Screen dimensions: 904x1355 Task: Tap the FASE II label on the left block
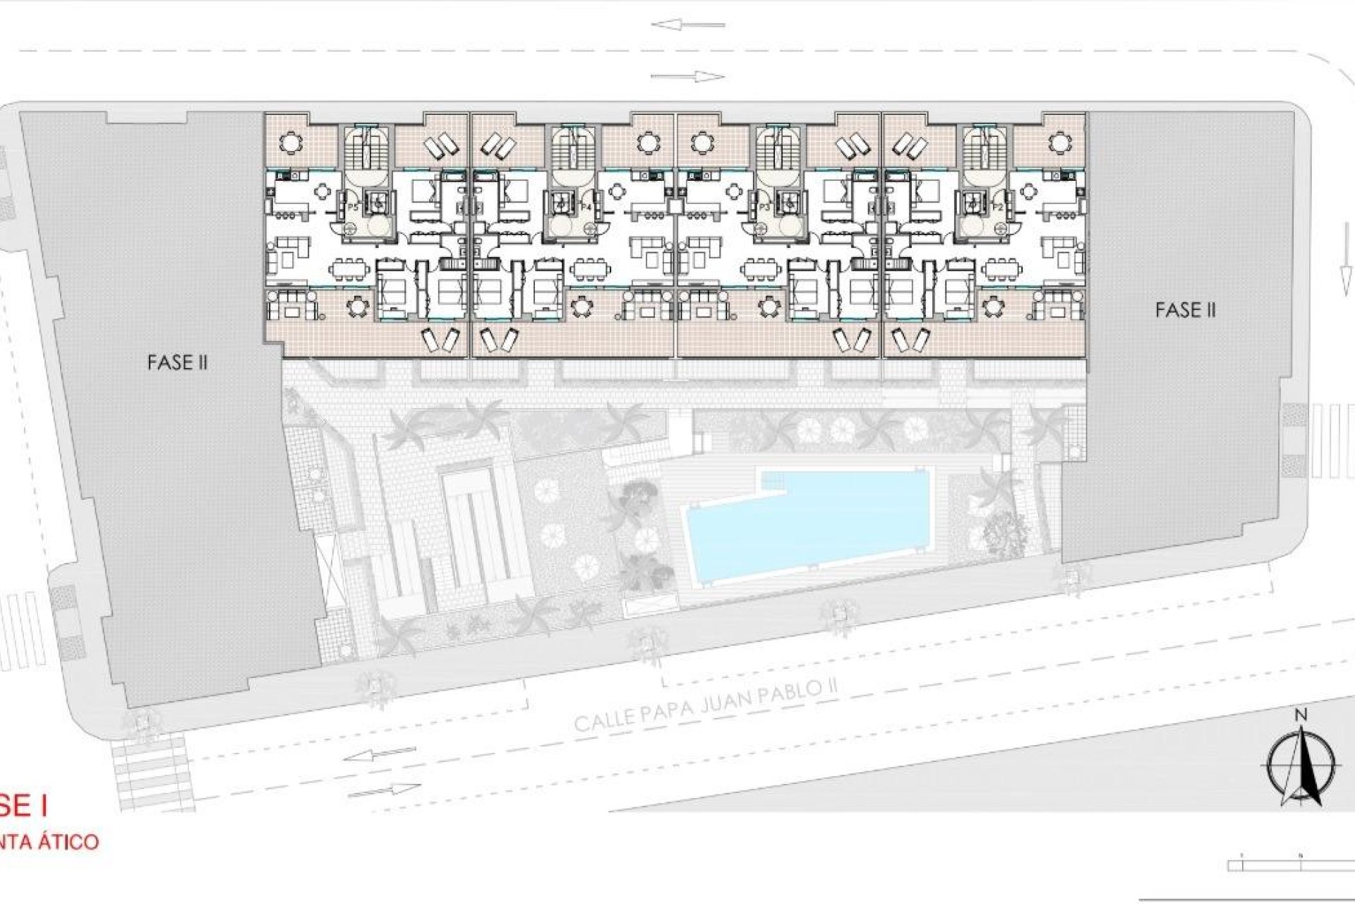click(177, 363)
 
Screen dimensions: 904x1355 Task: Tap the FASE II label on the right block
click(1186, 310)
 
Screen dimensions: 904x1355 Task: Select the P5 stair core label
click(354, 208)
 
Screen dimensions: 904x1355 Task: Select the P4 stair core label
click(585, 208)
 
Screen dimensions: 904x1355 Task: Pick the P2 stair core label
click(999, 208)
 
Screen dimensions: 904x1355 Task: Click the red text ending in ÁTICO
click(49, 843)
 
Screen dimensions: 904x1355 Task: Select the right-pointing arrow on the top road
click(688, 76)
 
